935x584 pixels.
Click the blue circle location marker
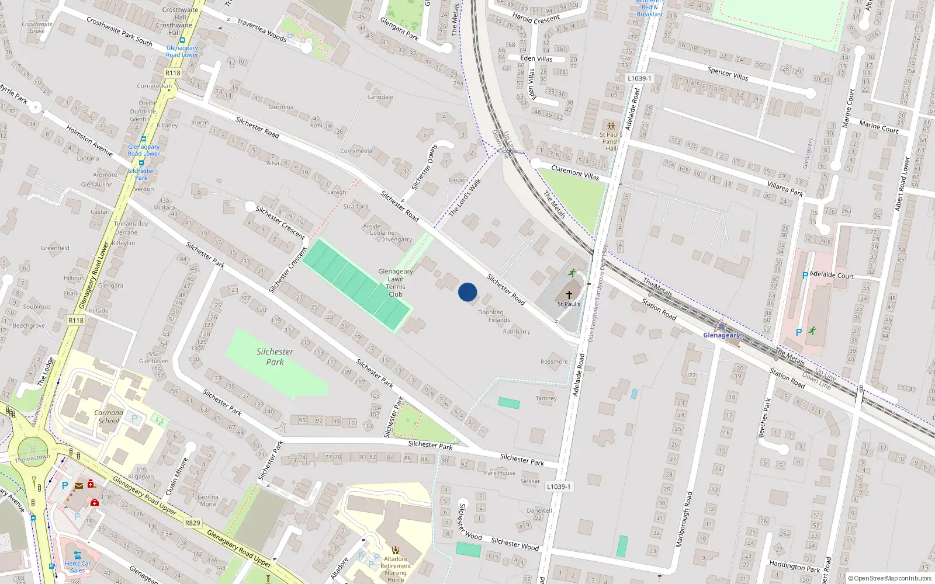click(x=467, y=292)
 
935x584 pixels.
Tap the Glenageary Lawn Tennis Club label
click(x=396, y=283)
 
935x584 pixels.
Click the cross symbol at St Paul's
click(x=569, y=295)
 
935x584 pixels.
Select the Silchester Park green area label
click(x=275, y=357)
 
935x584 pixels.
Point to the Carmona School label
click(x=109, y=416)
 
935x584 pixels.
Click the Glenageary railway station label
click(x=721, y=335)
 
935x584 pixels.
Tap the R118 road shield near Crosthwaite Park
click(x=173, y=73)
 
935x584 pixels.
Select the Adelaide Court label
click(x=832, y=275)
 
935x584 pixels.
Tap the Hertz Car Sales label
click(x=78, y=567)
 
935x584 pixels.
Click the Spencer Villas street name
click(x=728, y=74)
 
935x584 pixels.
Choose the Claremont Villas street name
click(x=575, y=172)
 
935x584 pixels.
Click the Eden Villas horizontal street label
click(x=536, y=58)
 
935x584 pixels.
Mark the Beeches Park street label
click(x=764, y=418)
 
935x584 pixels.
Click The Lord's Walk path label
click(x=465, y=197)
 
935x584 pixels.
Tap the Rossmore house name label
click(x=554, y=361)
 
